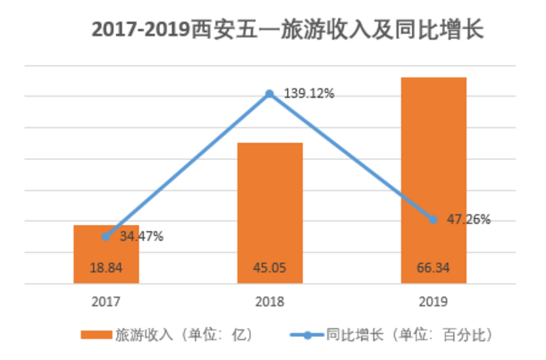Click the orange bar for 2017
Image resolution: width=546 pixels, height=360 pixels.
105,255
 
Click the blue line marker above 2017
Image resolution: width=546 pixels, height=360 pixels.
105,236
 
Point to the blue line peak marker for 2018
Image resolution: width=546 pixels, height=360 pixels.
269,93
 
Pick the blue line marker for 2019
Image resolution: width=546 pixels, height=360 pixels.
433,220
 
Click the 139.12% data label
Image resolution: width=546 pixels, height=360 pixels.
309,93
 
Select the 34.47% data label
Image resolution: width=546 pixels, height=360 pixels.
141,237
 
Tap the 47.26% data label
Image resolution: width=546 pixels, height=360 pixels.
468,220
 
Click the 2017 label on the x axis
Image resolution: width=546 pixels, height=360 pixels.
105,302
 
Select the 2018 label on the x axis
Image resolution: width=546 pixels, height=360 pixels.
269,302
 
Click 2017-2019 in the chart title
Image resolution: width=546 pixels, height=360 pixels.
140,29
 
